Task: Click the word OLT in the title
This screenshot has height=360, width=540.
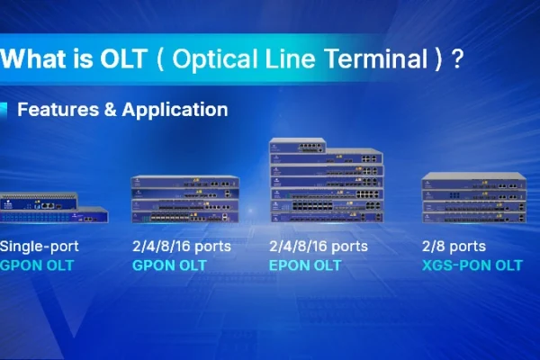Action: pos(123,58)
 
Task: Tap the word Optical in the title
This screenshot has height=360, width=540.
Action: pos(215,59)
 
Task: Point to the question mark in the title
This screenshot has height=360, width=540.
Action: pos(457,58)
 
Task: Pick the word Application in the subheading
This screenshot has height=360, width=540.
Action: pos(175,110)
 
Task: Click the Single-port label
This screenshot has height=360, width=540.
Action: pos(40,247)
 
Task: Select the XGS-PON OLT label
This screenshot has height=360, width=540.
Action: pos(472,265)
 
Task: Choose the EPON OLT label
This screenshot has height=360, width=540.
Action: pos(305,265)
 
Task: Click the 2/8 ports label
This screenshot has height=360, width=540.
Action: pos(454,247)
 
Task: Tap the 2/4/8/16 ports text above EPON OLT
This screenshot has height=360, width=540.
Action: pos(319,247)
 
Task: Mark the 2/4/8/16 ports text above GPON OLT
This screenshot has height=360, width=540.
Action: pos(182,247)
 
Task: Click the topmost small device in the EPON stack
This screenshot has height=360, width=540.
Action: pos(298,146)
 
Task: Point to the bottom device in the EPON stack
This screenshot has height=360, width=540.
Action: pos(327,217)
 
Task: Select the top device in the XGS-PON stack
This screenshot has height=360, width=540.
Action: pos(474,181)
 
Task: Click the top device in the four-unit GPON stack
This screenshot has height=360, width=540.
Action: pos(185,182)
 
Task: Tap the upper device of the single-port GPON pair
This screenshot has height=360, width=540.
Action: pos(39,202)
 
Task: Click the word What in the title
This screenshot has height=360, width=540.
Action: pos(33,58)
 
